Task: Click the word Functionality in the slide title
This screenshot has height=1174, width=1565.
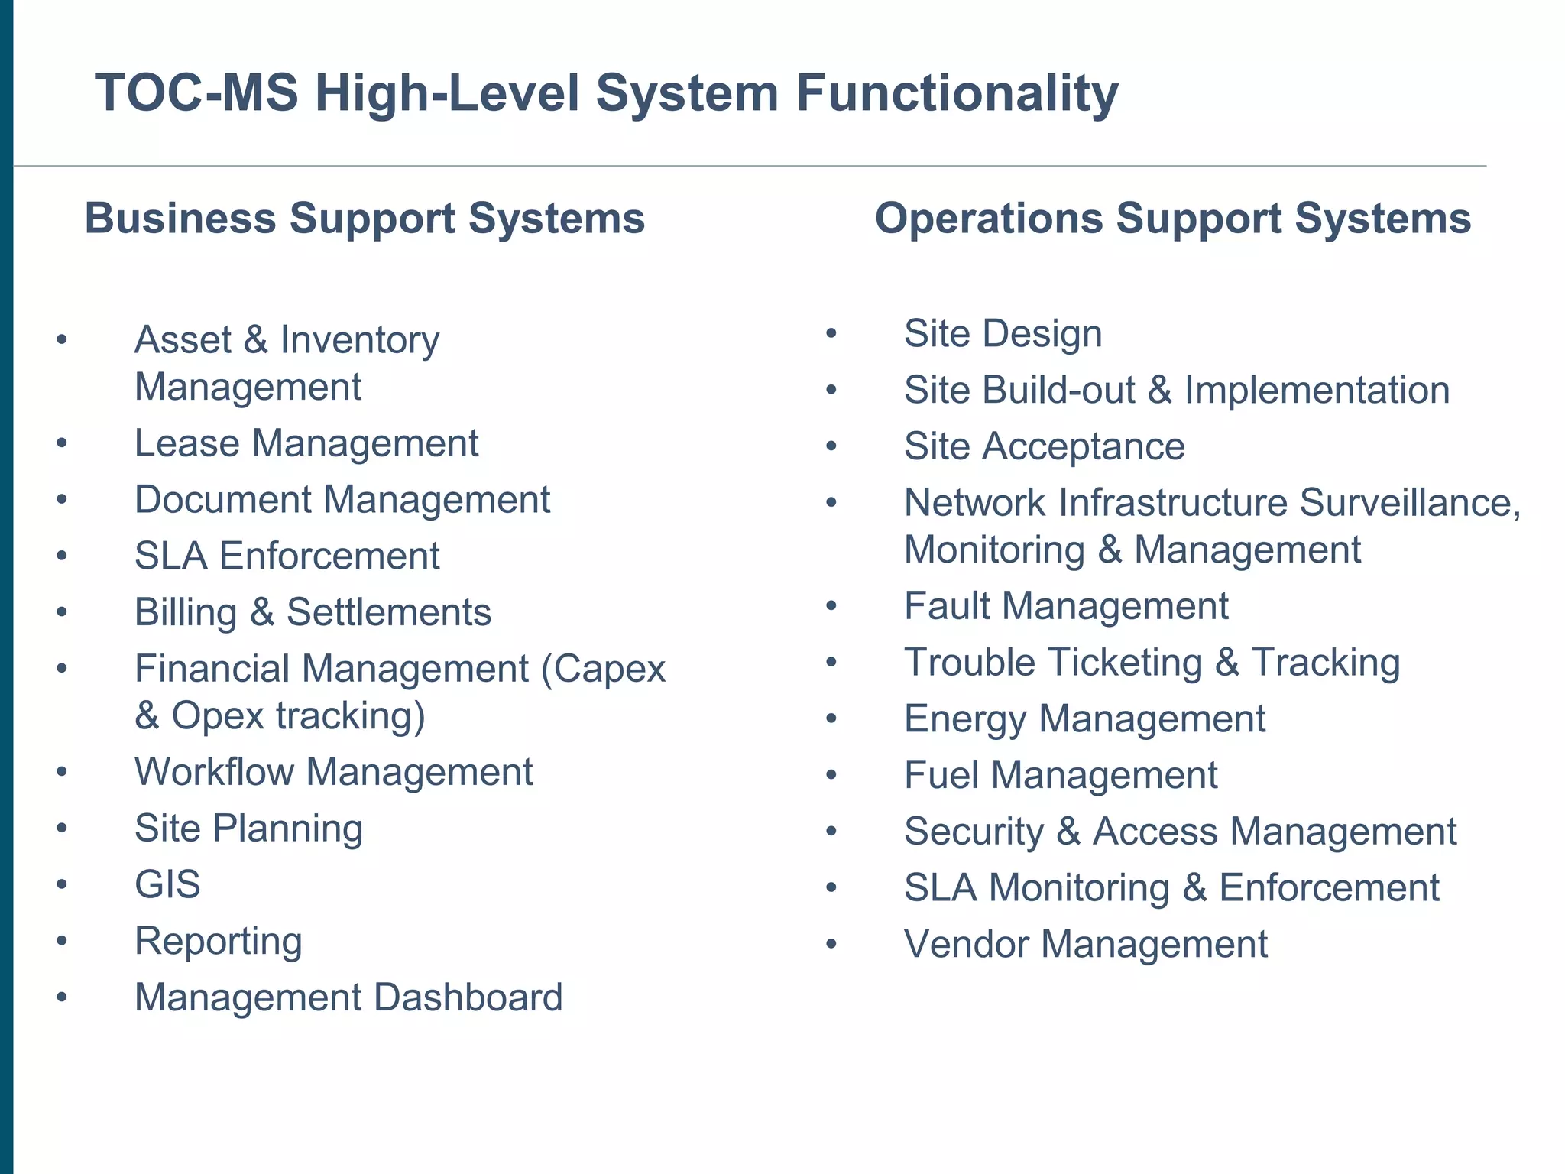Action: pos(957,93)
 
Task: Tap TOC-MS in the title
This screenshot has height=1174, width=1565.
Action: pos(196,93)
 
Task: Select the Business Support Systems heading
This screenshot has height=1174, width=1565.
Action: pos(365,219)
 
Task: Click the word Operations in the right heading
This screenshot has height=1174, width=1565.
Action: pos(989,219)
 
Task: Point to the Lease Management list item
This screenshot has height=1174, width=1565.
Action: pos(306,443)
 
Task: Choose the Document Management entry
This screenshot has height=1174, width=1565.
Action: pos(342,500)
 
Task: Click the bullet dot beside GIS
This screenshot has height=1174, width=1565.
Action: pos(62,885)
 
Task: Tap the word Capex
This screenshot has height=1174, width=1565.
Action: pos(609,669)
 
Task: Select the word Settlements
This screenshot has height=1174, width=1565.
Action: pos(389,612)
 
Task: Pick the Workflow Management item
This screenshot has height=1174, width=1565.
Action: pos(334,772)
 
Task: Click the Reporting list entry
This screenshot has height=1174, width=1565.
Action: pos(219,941)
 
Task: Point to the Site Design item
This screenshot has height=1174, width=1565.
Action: pos(1003,334)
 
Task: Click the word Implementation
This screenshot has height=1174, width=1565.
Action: pos(1317,390)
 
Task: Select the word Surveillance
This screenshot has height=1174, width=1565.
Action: pos(1409,503)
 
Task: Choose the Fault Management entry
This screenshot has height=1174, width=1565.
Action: pos(1066,606)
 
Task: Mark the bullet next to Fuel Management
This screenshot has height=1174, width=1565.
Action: pos(831,776)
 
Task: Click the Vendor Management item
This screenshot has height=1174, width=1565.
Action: pos(1086,944)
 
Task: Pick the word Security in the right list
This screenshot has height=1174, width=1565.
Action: pos(974,832)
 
